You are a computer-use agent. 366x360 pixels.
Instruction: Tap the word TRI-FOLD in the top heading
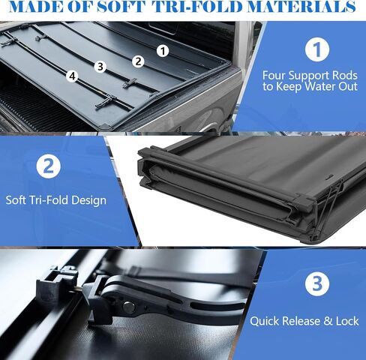[197, 7]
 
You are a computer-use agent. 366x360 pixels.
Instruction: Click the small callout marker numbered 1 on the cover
[163, 51]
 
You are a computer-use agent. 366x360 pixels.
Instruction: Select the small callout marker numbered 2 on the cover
[138, 61]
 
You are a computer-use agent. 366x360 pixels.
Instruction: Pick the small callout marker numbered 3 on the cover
[100, 67]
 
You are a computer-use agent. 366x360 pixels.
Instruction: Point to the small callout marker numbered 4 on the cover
[72, 76]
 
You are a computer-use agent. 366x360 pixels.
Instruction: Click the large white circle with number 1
[317, 49]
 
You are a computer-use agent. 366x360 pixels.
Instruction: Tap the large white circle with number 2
[49, 166]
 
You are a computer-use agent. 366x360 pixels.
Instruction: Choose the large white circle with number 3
[317, 283]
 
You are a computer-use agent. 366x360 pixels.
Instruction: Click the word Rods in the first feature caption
[345, 75]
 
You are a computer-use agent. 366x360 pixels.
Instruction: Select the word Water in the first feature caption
[320, 86]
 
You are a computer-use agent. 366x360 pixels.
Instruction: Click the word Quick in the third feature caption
[264, 321]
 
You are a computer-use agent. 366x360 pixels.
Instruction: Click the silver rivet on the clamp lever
[129, 307]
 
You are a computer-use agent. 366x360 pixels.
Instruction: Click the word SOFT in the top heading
[121, 7]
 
